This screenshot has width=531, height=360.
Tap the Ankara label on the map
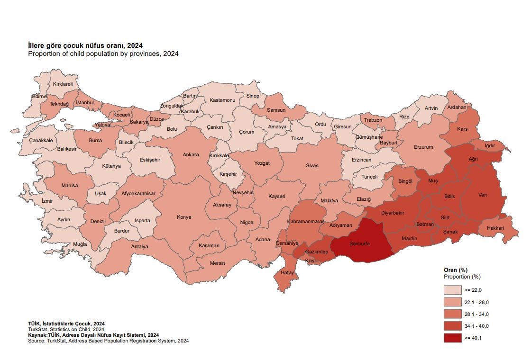pyautogui.click(x=191, y=154)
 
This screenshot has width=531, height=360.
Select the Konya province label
pyautogui.click(x=184, y=217)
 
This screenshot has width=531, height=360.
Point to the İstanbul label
pyautogui.click(x=86, y=102)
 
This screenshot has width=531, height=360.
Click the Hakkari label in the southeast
pyautogui.click(x=494, y=228)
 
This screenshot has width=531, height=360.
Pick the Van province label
pyautogui.click(x=483, y=195)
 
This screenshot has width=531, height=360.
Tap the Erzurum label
pyautogui.click(x=423, y=147)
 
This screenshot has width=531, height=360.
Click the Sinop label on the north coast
pyautogui.click(x=253, y=96)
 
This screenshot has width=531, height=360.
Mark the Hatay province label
pyautogui.click(x=287, y=273)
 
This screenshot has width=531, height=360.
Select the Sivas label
pyautogui.click(x=312, y=165)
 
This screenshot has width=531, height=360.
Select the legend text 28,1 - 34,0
pyautogui.click(x=477, y=315)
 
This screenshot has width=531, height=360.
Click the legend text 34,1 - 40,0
pyautogui.click(x=477, y=326)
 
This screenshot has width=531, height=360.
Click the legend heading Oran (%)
pyautogui.click(x=456, y=270)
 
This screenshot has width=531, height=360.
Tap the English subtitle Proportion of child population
pyautogui.click(x=103, y=54)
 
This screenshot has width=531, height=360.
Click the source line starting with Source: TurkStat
pyautogui.click(x=108, y=341)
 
